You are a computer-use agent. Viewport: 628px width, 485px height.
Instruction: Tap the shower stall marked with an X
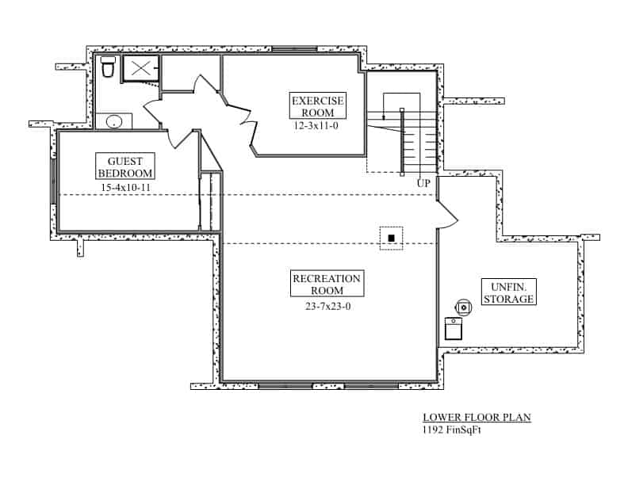(141, 68)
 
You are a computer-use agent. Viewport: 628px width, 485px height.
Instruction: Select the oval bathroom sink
(115, 121)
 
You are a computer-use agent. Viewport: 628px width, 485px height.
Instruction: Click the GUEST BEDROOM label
(124, 166)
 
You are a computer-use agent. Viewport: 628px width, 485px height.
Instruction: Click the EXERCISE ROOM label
(318, 106)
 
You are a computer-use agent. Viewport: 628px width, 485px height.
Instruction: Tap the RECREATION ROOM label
(327, 285)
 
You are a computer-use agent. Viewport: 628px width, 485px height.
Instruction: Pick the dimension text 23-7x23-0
(327, 306)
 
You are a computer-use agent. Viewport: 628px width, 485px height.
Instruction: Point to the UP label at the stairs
(424, 183)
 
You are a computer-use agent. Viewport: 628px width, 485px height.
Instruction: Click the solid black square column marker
(391, 238)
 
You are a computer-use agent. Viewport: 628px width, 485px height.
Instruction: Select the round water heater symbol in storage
(461, 305)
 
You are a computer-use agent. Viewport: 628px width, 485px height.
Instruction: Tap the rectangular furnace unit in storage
(454, 329)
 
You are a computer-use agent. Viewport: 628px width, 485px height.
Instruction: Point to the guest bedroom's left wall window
(53, 181)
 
